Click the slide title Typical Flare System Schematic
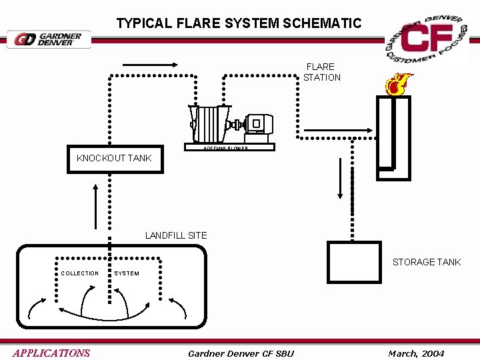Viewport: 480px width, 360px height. pyautogui.click(x=239, y=23)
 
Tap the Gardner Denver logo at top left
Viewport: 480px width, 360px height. pyautogui.click(x=49, y=39)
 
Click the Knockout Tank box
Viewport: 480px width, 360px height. pyautogui.click(x=115, y=159)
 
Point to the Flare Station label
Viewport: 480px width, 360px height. pyautogui.click(x=321, y=72)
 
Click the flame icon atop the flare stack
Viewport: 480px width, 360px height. pyautogui.click(x=397, y=85)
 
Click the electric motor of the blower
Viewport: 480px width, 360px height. pyautogui.click(x=257, y=124)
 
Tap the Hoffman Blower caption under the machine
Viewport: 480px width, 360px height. pyautogui.click(x=227, y=148)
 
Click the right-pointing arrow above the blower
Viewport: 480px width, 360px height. pyautogui.click(x=149, y=65)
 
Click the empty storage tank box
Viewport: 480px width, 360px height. pyautogui.click(x=354, y=263)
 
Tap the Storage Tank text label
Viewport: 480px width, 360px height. pyautogui.click(x=426, y=262)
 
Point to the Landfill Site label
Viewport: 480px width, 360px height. pyautogui.click(x=176, y=235)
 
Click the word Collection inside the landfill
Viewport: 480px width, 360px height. pyautogui.click(x=80, y=273)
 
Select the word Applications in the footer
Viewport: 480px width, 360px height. pyautogui.click(x=51, y=353)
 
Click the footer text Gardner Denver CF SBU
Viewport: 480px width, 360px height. pyautogui.click(x=241, y=353)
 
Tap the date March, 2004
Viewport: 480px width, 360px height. pyautogui.click(x=416, y=353)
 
